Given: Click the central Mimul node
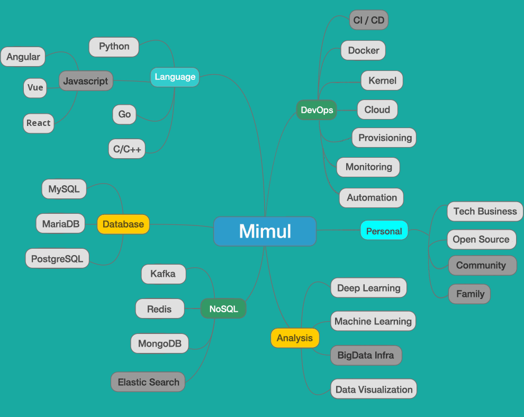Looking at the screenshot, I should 265,231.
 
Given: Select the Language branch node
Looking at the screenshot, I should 175,77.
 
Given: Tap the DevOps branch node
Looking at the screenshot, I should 317,110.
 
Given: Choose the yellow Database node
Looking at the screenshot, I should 123,224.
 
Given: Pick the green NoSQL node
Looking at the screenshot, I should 223,309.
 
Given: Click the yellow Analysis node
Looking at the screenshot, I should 295,338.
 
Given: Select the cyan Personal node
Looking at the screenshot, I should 384,231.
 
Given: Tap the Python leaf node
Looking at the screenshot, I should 114,47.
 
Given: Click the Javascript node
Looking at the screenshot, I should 86,81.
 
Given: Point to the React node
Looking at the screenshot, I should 39,123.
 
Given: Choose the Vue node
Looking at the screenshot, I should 35,88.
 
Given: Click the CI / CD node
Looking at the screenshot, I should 369,21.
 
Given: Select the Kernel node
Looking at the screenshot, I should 382,81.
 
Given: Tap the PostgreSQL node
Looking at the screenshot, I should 57,259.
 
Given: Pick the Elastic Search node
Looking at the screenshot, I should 148,382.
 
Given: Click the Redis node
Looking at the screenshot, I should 160,309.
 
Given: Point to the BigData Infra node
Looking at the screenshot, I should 366,355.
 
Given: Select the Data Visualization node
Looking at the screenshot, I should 374,389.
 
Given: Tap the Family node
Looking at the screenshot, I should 469,294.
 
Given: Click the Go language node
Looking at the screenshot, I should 124,114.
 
